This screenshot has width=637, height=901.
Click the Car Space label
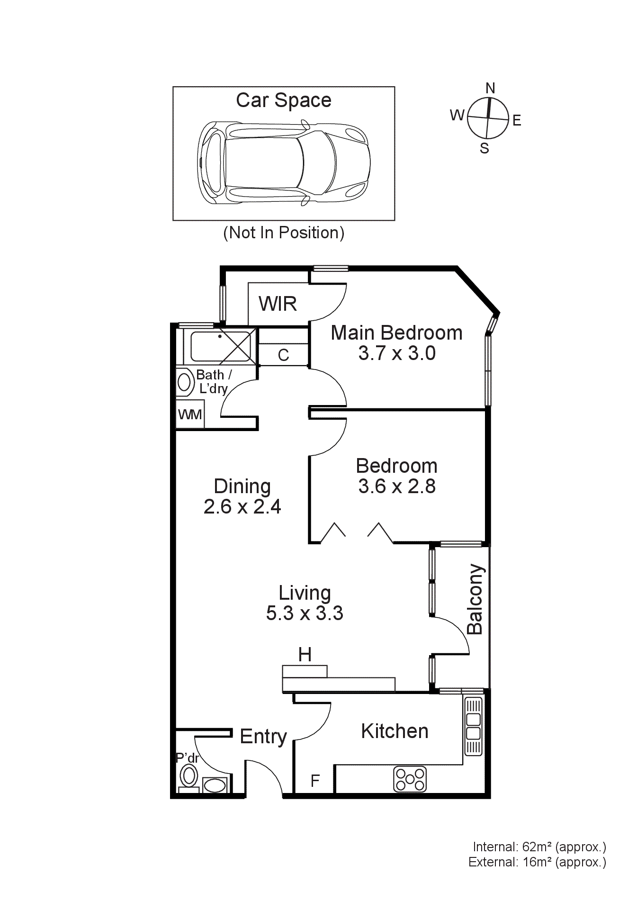pos(283,100)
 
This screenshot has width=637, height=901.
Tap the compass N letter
pos(490,88)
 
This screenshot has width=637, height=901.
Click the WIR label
pos(278,304)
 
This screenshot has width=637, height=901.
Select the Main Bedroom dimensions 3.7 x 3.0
pos(396,353)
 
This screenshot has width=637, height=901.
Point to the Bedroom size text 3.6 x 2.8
pos(396,487)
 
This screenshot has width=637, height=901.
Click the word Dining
pos(242,487)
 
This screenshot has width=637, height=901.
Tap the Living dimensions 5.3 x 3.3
pos(304,613)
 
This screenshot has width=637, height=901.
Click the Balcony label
pos(475,599)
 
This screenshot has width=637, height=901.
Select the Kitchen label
pos(395,731)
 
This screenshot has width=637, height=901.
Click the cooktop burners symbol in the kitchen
pos(410,779)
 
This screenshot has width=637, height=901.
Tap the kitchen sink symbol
pos(473,726)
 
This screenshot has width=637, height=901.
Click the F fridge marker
pos(315,780)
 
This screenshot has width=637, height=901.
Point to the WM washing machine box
pos(190,414)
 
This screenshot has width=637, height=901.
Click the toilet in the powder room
pos(189,777)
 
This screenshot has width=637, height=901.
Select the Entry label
pos(263,737)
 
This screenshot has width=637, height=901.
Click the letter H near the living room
pos(305,655)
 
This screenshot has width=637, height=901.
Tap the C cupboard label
pos(283,355)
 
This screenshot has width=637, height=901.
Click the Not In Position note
pos(283,233)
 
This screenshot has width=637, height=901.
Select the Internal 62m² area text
pos(539,847)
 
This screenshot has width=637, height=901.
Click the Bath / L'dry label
pos(214,381)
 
